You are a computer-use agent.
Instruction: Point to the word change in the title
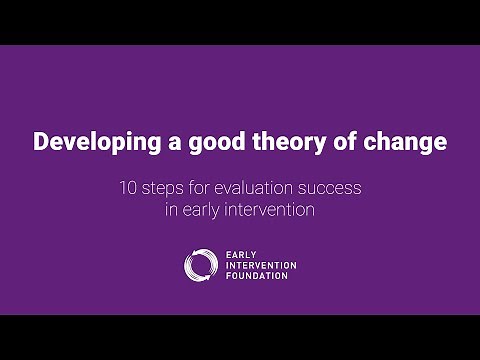pyautogui.click(x=407, y=143)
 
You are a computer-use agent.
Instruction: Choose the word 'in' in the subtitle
pyautogui.click(x=172, y=210)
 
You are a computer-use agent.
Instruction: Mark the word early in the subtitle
pyautogui.click(x=201, y=210)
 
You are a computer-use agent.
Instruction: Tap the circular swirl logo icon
pyautogui.click(x=200, y=264)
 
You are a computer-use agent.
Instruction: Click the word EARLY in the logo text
pyautogui.click(x=241, y=253)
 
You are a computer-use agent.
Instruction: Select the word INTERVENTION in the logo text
pyautogui.click(x=263, y=264)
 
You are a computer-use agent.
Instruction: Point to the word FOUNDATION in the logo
pyautogui.click(x=258, y=275)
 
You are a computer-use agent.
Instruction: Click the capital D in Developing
pyautogui.click(x=42, y=143)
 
